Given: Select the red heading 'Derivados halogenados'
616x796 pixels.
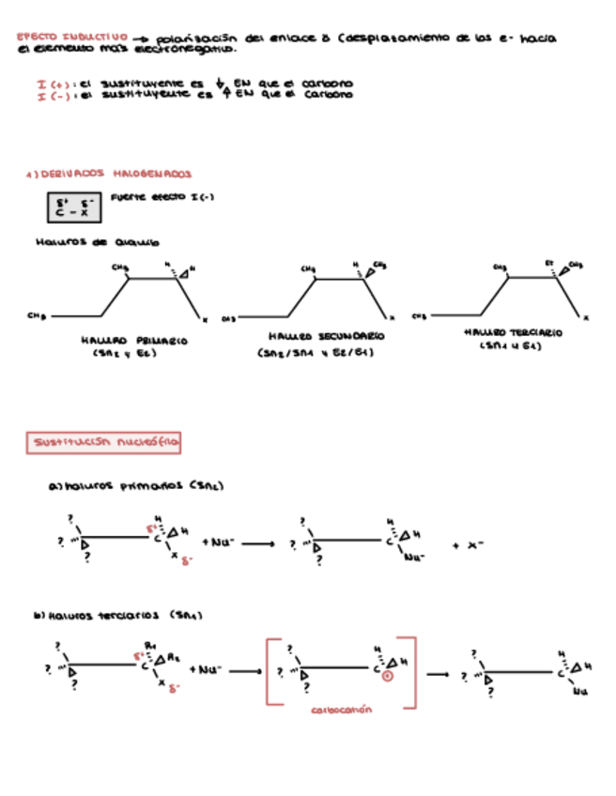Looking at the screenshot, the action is (x=110, y=174).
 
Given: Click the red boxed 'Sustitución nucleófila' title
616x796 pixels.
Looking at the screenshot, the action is (x=104, y=442).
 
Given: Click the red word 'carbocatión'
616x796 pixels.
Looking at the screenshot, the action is (x=341, y=711).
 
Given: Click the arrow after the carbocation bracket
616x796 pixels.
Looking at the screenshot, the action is (x=438, y=672).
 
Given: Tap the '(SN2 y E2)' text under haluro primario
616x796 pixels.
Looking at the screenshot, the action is (x=125, y=354).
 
